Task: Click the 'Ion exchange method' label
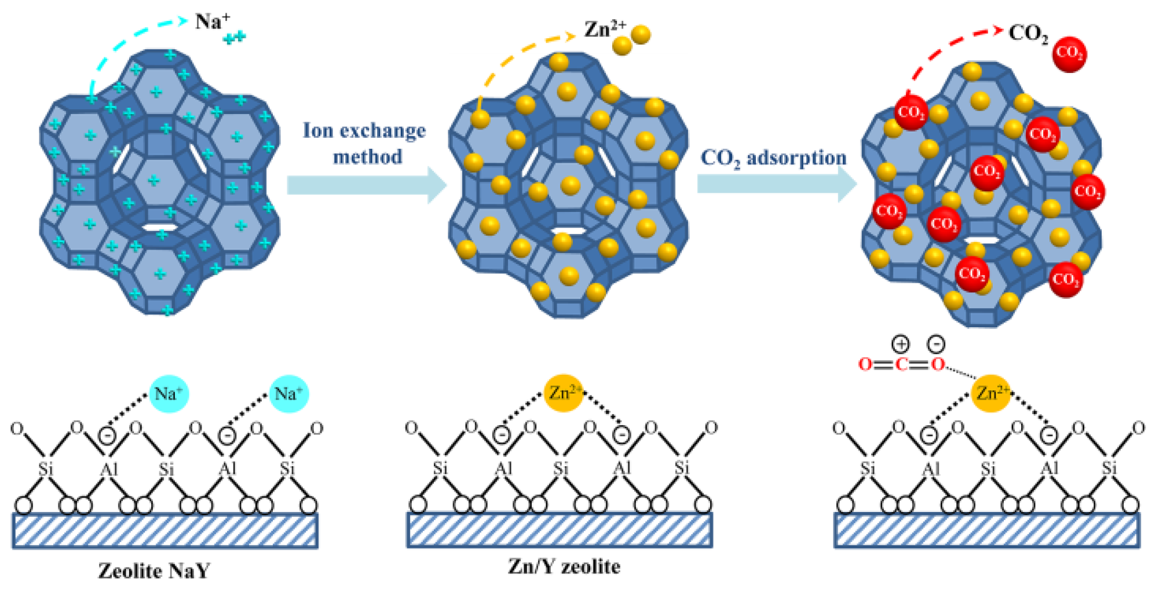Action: click(x=365, y=143)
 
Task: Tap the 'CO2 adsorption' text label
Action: click(x=773, y=158)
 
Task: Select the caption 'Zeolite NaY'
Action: click(x=154, y=571)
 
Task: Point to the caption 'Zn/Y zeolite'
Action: click(x=564, y=566)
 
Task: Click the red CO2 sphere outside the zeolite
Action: click(x=1069, y=54)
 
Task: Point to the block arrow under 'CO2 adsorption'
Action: click(x=776, y=184)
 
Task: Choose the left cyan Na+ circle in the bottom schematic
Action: click(x=169, y=394)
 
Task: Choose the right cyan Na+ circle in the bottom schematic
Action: click(x=288, y=394)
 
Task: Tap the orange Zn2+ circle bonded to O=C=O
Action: click(x=991, y=393)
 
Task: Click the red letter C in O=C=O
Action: click(x=901, y=364)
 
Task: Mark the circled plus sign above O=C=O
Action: click(x=900, y=344)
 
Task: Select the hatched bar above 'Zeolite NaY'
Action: click(x=165, y=531)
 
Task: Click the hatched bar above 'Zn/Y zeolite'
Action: click(x=560, y=530)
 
